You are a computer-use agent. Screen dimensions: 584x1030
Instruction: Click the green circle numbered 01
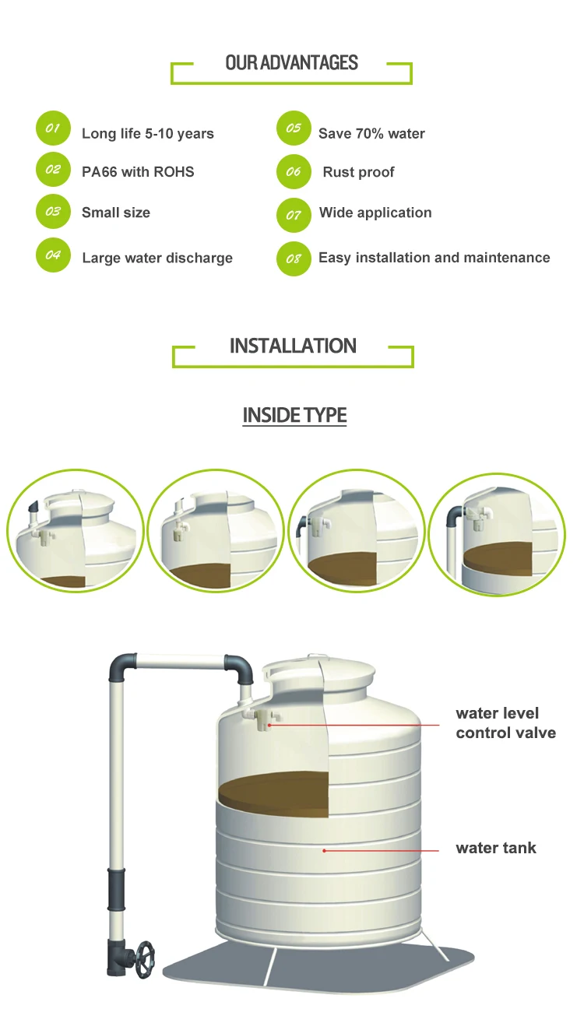(x=53, y=128)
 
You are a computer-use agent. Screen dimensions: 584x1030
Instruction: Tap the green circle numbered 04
(x=53, y=255)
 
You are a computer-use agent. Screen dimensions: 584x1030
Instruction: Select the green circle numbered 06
(x=294, y=171)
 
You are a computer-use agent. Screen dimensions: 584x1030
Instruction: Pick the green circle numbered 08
(x=294, y=259)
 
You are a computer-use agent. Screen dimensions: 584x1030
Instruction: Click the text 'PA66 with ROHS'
(x=138, y=172)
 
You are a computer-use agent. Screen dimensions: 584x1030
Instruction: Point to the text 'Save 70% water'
(x=371, y=134)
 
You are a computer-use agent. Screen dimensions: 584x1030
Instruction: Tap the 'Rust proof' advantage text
(x=359, y=172)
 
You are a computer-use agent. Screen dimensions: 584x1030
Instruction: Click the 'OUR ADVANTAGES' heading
(x=291, y=62)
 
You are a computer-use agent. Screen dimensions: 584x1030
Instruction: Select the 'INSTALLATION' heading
(x=293, y=346)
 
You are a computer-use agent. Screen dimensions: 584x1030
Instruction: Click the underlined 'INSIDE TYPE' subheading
(x=294, y=415)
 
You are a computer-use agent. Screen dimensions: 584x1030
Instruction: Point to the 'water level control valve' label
(x=506, y=722)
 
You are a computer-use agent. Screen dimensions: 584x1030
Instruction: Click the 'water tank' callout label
(x=496, y=848)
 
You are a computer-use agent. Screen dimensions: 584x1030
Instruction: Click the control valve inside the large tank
(x=263, y=719)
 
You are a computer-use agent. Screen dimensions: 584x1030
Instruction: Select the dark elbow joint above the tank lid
(x=239, y=668)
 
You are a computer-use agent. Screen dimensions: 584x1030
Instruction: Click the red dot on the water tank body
(x=324, y=851)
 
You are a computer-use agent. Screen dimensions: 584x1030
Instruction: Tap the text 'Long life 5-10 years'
(x=148, y=134)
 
